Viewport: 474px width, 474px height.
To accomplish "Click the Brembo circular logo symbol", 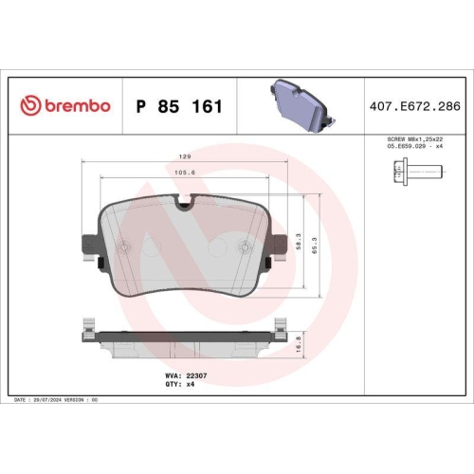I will point(29,106).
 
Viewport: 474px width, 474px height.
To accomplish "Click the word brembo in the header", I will point(77,106).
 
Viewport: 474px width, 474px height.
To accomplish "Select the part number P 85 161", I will point(180,106).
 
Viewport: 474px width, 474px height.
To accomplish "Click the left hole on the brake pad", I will point(122,248).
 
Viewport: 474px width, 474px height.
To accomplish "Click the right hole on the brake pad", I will point(247,248).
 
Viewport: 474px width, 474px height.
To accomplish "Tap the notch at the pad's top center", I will point(185,203).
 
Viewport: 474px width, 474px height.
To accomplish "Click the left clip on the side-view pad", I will point(90,332).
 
